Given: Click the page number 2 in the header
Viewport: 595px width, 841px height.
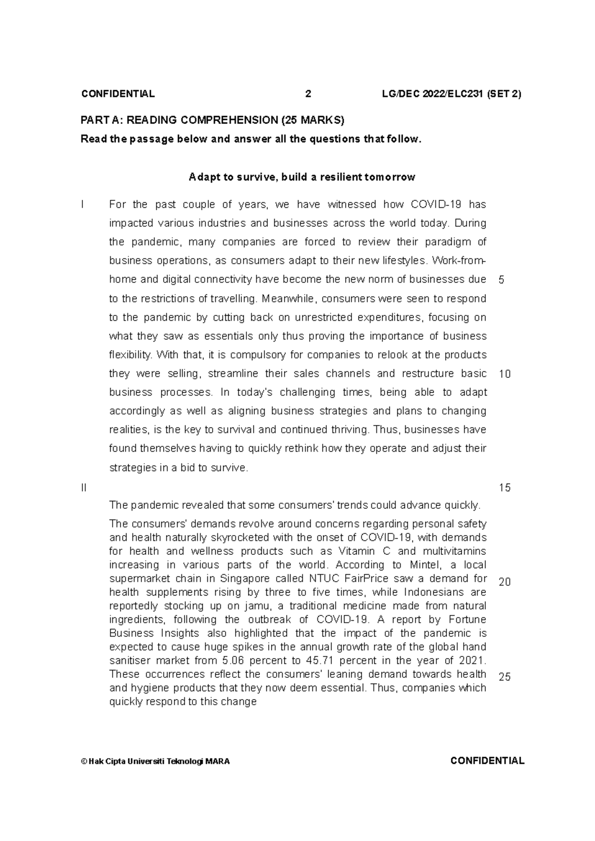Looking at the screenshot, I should (308, 94).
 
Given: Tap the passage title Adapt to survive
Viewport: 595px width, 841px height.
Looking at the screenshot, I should (301, 177).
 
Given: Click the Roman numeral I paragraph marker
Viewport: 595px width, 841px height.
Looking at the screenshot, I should (82, 204).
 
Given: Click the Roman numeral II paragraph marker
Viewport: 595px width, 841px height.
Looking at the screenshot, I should (83, 487).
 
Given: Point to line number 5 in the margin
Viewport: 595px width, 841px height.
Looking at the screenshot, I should (501, 280).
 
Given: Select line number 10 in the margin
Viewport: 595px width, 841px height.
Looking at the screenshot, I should (504, 374).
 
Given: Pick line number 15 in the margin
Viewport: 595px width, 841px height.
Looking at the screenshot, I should (504, 487).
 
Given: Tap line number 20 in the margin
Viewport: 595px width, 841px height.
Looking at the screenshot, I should (504, 582).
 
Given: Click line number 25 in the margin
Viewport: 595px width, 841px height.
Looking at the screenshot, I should (504, 677).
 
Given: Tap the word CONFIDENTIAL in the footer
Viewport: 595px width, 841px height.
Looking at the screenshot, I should (487, 761).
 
